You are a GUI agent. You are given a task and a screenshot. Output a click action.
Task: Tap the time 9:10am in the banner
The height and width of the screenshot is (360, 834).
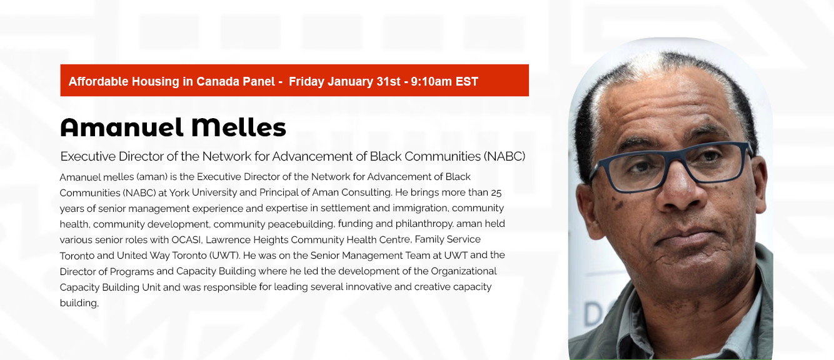[431, 81]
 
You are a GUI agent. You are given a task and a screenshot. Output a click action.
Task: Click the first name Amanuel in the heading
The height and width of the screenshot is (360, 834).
[122, 127]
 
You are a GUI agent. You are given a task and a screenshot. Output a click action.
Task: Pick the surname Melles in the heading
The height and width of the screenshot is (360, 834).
[239, 127]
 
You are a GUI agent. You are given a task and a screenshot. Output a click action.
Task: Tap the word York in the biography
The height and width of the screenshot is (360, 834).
[179, 192]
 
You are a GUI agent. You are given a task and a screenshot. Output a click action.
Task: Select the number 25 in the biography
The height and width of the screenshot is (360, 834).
[496, 193]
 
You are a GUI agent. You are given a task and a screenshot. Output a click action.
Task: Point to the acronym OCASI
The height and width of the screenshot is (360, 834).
[186, 240]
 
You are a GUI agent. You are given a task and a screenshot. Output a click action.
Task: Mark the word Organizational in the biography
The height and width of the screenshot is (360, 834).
[463, 271]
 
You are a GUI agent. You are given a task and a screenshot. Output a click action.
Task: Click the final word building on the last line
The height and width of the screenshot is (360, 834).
[79, 303]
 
